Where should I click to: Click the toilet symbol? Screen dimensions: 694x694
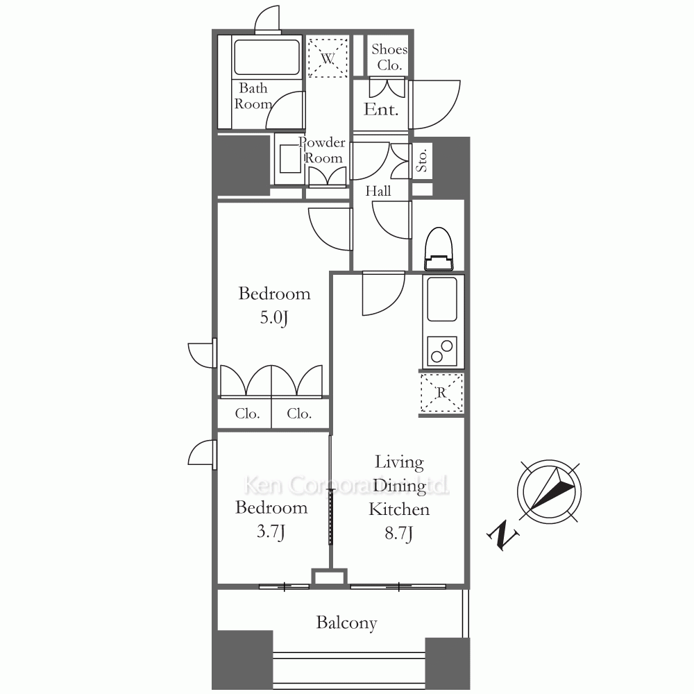tap(439, 248)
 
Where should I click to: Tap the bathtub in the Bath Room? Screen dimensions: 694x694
tap(267, 57)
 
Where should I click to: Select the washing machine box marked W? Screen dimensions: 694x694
tap(328, 58)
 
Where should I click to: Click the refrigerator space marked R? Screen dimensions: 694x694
tap(441, 393)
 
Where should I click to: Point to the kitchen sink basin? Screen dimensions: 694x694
tap(442, 299)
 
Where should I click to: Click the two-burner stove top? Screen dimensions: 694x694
tap(442, 351)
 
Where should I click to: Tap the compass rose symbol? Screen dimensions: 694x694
tap(549, 492)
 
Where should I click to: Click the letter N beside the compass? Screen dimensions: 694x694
tap(503, 536)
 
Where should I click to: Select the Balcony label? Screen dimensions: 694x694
tap(346, 623)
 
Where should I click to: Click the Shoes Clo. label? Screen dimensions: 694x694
tap(389, 57)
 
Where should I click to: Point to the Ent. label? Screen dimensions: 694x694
tap(381, 110)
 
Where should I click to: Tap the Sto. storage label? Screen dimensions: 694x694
tap(422, 160)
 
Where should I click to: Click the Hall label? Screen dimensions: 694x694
tap(378, 192)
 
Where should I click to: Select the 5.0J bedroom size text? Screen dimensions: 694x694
tap(274, 318)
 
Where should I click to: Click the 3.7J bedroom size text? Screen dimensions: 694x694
tap(271, 531)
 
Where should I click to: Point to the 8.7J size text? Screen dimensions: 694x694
tap(399, 533)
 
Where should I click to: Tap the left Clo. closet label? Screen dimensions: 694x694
tap(247, 414)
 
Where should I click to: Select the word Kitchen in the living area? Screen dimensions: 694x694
tap(399, 509)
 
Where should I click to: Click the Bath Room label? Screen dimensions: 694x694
tap(253, 96)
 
